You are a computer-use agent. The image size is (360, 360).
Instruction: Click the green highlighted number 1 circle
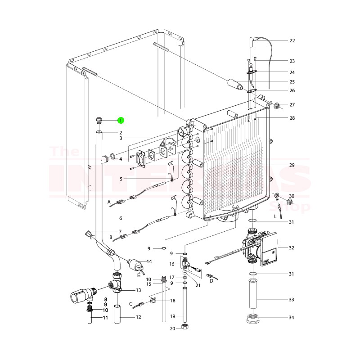tap(121, 120)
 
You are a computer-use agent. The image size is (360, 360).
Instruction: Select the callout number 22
tap(292, 40)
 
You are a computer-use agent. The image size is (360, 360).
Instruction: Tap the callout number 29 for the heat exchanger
tap(292, 166)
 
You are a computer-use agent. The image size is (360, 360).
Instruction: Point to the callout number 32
tap(292, 248)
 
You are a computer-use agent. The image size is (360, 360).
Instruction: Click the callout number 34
tap(292, 318)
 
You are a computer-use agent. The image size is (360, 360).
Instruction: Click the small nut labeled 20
tap(184, 327)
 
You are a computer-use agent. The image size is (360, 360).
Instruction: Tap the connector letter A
tap(109, 202)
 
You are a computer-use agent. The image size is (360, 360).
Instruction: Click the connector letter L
tap(275, 217)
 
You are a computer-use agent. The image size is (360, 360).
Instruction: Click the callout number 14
tap(149, 261)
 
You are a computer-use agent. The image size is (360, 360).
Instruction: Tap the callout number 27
tap(292, 105)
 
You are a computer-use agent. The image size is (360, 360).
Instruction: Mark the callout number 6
tap(121, 218)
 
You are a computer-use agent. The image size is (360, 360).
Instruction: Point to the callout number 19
tap(172, 317)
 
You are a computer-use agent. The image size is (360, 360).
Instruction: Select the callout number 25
tap(292, 82)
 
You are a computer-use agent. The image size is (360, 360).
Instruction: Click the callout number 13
tap(138, 290)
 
